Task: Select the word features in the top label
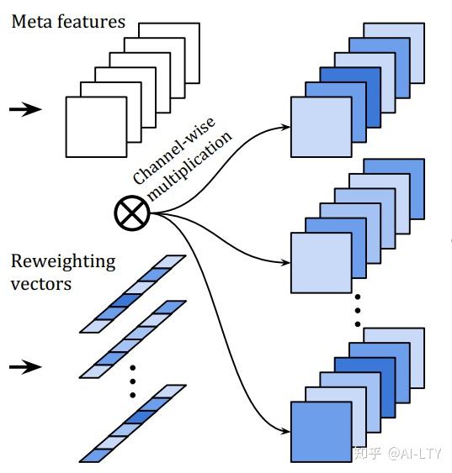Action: point(91,22)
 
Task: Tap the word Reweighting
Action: point(63,260)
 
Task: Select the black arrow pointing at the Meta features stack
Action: point(30,109)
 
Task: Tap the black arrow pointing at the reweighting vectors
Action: point(30,366)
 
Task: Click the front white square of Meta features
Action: point(96,127)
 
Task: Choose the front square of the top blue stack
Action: point(321,127)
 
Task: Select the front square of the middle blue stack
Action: point(321,263)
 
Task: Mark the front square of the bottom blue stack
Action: point(321,432)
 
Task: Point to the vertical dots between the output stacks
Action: point(357,311)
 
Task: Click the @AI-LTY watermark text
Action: point(417,454)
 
